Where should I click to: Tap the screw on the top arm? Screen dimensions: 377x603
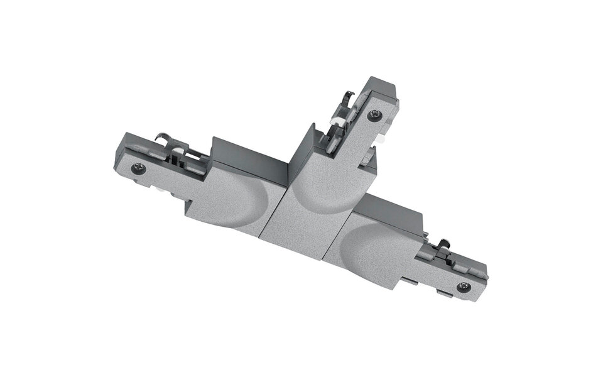click(376, 115)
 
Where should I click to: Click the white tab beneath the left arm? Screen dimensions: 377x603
click(160, 188)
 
